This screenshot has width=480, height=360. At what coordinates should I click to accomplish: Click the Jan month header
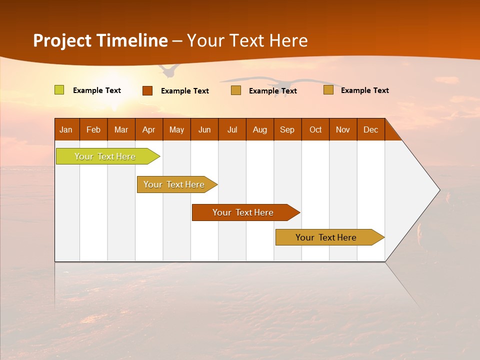click(x=66, y=130)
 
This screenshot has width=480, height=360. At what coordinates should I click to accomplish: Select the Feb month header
click(x=93, y=130)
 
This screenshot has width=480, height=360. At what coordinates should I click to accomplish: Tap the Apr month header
click(x=149, y=130)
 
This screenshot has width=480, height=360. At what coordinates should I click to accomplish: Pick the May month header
click(x=176, y=130)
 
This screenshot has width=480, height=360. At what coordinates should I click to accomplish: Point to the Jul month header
click(x=232, y=130)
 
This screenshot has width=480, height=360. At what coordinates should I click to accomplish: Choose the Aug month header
click(x=260, y=130)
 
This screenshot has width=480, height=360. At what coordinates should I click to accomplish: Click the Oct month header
click(x=315, y=130)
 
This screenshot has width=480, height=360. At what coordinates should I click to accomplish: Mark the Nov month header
click(x=343, y=130)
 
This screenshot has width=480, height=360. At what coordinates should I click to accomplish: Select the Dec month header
click(x=370, y=130)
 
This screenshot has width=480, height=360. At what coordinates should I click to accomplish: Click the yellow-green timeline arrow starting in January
click(x=108, y=156)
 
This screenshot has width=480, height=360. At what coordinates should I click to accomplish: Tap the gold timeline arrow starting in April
click(x=177, y=184)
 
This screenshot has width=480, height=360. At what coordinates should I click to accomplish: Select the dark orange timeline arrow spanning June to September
click(x=246, y=212)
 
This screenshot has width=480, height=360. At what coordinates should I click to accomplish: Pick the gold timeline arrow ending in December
click(x=330, y=237)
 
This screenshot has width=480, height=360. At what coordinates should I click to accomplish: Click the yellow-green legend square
click(x=59, y=90)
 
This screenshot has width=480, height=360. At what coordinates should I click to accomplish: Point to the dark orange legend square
click(x=147, y=90)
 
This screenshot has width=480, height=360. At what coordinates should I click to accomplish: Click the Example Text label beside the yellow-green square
click(x=97, y=90)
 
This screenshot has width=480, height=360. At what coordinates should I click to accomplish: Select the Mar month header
click(x=121, y=130)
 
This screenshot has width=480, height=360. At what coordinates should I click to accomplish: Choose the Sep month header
click(x=287, y=130)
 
